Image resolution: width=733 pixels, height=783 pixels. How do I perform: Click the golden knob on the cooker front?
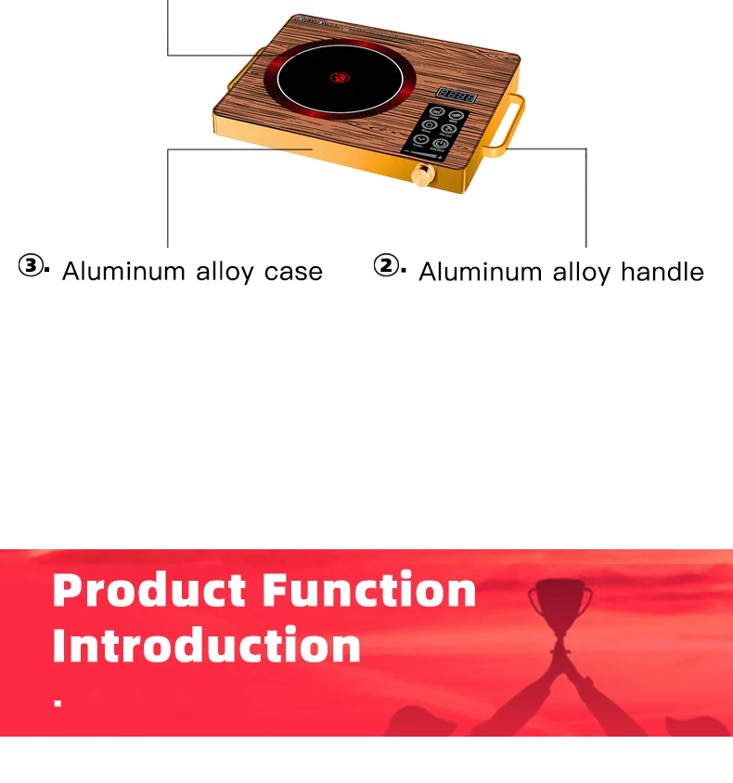click(x=424, y=174)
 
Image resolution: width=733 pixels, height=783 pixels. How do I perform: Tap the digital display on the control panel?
click(x=457, y=95)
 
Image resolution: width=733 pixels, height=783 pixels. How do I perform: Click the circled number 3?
click(x=31, y=267)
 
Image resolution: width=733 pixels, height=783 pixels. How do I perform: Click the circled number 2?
click(x=386, y=267)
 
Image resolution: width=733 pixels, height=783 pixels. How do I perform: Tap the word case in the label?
click(x=293, y=272)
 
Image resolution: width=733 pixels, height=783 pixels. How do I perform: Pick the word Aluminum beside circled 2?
click(x=481, y=272)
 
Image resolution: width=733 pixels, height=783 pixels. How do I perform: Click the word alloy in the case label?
click(x=225, y=272)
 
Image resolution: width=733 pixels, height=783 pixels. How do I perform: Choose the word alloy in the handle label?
click(x=582, y=272)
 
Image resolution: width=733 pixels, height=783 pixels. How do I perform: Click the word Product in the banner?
click(x=150, y=591)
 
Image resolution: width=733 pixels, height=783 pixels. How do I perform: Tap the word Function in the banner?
click(x=368, y=591)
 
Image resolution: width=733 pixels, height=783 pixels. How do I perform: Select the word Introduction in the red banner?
click(x=206, y=646)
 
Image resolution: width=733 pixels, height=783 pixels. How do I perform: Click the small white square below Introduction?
click(x=58, y=704)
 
